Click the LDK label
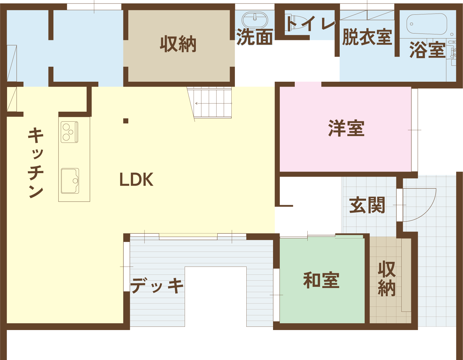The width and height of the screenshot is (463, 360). [x=136, y=179]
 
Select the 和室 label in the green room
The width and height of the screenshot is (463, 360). [x=321, y=280]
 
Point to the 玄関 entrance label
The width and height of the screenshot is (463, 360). [x=367, y=205]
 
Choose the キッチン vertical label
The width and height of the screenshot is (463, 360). [x=36, y=163]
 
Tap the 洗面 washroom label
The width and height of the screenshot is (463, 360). [x=255, y=37]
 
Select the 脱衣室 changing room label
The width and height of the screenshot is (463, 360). [x=367, y=37]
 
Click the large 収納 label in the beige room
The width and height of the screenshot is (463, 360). [x=178, y=44]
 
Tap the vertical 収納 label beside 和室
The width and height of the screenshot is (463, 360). [x=387, y=279]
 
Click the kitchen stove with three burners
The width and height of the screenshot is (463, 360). [x=70, y=132]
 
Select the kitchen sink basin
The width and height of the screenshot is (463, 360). [x=70, y=181]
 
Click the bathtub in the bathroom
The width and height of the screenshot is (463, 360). [x=427, y=24]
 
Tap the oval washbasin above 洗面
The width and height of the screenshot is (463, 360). [x=255, y=19]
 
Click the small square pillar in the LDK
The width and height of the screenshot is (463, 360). [x=126, y=121]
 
